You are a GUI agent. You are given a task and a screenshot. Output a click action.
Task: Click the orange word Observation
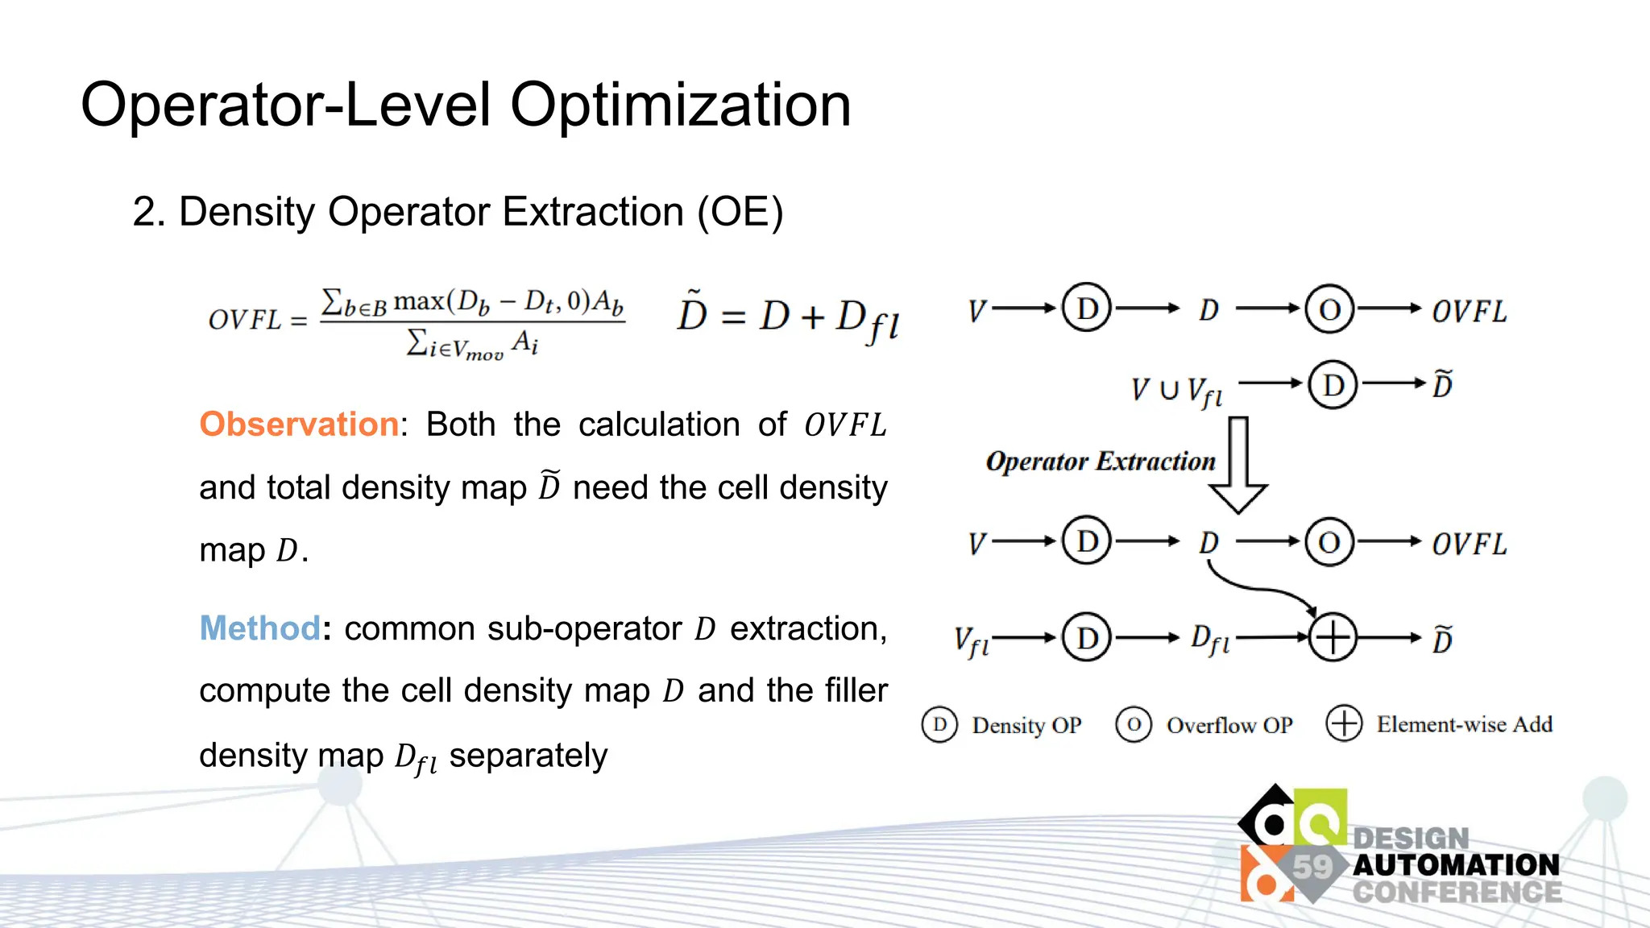pos(299,425)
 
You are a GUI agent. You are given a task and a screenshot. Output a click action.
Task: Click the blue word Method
pos(259,628)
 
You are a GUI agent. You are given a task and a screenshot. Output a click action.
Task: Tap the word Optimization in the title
pos(680,105)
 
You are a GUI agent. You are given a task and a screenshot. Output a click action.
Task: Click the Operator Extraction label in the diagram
pos(1101,462)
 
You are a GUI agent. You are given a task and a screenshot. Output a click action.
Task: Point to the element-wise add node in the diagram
pos(1333,637)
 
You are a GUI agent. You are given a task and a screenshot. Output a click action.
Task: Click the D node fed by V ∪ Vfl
pos(1333,385)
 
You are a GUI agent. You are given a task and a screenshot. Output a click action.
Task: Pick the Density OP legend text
pos(1026,725)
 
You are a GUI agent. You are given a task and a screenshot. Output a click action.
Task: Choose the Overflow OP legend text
pos(1229,725)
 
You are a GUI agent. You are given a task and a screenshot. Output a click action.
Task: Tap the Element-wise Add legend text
pos(1464,724)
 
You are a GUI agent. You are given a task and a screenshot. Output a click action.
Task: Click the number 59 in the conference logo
pos(1312,868)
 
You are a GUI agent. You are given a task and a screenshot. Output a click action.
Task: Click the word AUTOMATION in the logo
pos(1456,865)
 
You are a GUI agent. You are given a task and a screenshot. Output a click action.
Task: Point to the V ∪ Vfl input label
pos(1176,391)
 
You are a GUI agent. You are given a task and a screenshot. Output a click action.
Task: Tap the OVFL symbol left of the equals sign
pos(245,321)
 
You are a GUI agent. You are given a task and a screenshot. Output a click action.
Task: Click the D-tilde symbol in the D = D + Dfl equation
pos(691,314)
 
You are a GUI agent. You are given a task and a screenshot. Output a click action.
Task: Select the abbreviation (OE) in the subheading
pos(740,213)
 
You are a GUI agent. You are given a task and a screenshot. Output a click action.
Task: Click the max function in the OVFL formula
pos(419,300)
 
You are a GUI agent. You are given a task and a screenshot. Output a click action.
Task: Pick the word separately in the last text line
pos(528,756)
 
